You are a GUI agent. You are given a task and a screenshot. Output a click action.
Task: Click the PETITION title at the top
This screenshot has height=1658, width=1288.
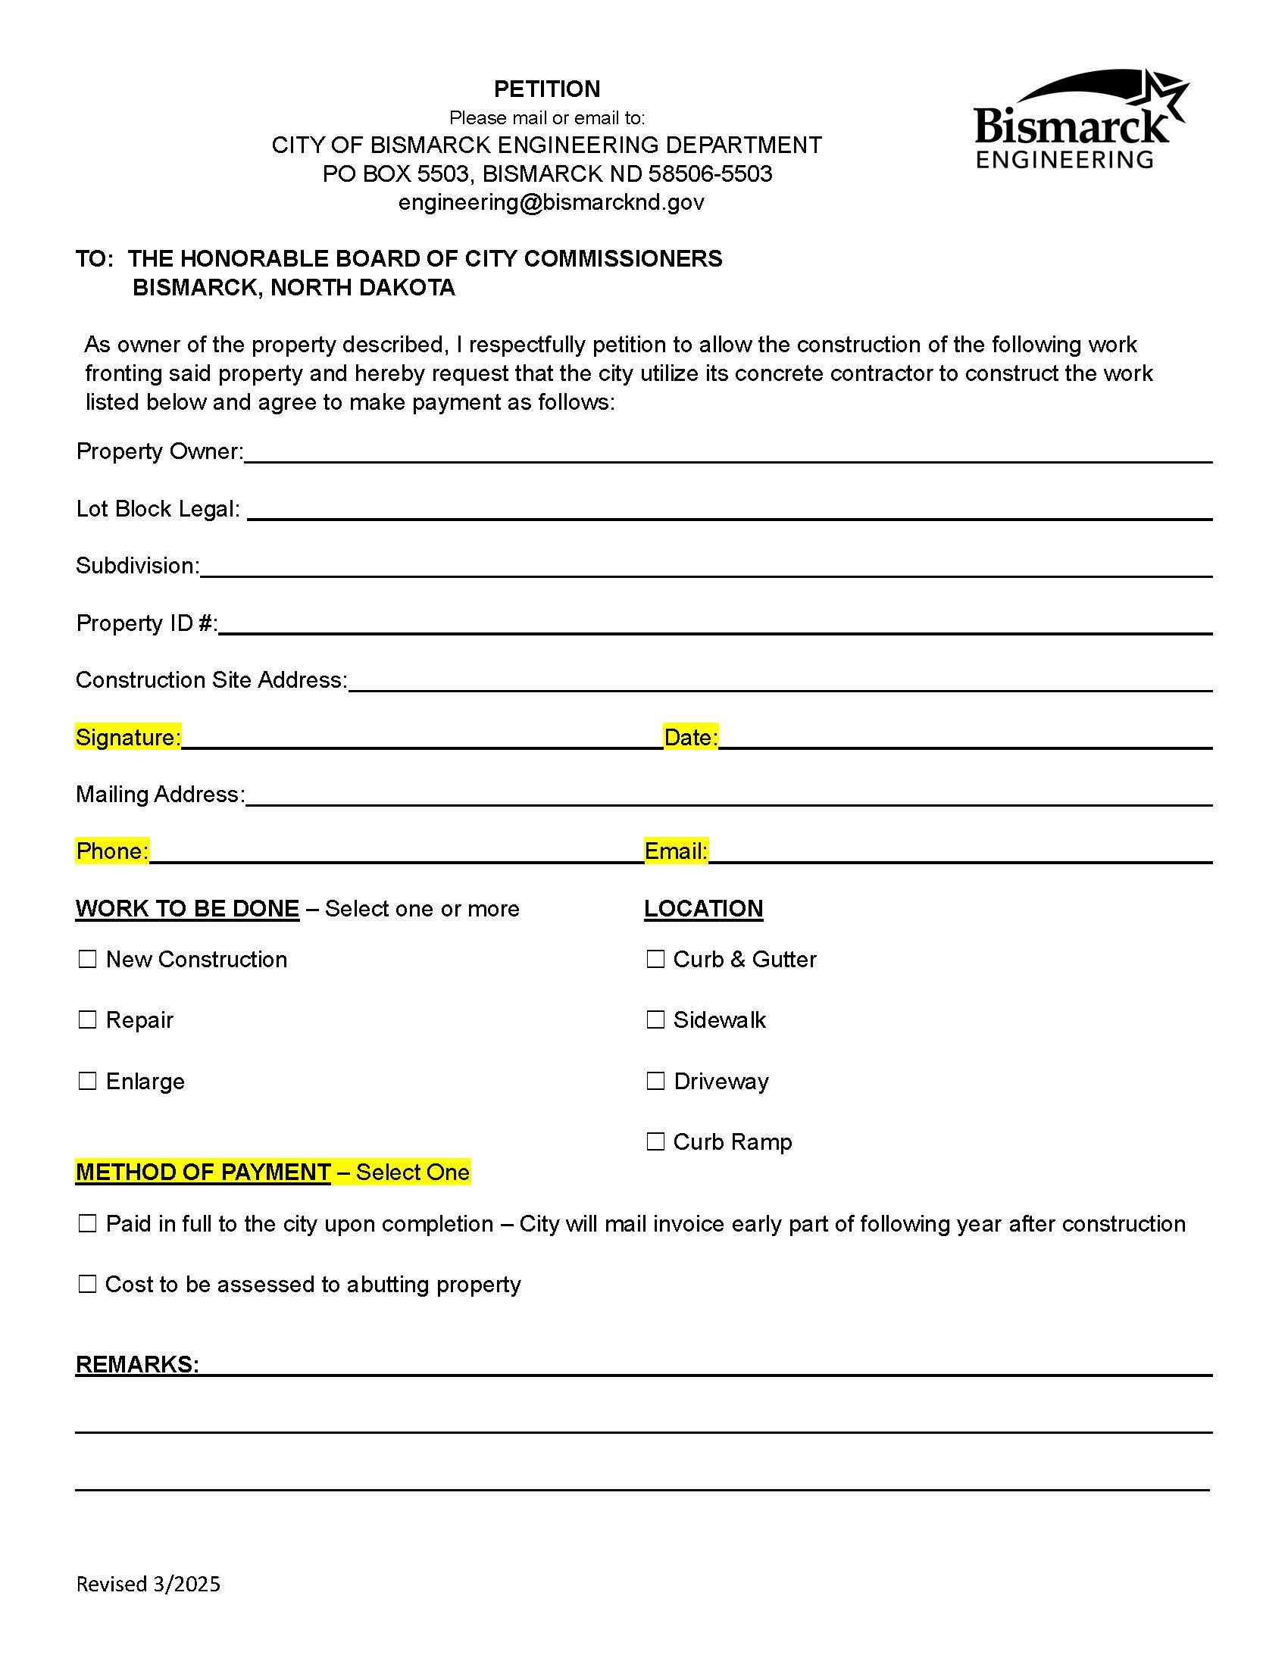click(547, 89)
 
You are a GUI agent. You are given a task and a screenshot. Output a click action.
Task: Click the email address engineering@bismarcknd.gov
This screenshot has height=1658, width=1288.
click(552, 203)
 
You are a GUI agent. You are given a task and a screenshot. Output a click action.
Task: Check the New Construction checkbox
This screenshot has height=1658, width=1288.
click(88, 960)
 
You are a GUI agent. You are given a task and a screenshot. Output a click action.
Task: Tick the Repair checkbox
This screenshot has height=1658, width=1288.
click(88, 1019)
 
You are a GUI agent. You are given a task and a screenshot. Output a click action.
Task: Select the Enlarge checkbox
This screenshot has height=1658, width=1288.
click(88, 1081)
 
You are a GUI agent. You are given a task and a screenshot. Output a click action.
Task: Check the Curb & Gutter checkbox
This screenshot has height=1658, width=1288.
click(655, 960)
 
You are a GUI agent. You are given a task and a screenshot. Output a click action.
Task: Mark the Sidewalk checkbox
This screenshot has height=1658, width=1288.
click(655, 1019)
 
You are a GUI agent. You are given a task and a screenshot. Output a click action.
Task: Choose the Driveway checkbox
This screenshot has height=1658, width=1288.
click(655, 1081)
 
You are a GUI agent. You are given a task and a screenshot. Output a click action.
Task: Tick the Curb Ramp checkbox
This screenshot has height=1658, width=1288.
click(655, 1141)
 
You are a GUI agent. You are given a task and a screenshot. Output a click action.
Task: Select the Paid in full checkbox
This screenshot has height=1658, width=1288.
click(88, 1224)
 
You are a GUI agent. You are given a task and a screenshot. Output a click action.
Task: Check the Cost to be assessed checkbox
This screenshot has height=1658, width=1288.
click(88, 1285)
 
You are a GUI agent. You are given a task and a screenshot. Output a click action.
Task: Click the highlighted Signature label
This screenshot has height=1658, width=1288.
click(128, 737)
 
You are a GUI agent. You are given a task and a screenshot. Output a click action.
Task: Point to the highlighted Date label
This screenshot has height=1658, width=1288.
click(690, 737)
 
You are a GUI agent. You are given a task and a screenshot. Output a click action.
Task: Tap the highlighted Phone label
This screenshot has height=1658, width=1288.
click(112, 851)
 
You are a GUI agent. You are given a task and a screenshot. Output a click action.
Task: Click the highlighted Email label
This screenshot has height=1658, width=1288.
click(676, 851)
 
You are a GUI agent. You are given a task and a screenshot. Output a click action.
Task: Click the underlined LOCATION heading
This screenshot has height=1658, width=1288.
click(703, 909)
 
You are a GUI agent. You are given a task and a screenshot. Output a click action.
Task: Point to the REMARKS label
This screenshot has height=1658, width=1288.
click(137, 1364)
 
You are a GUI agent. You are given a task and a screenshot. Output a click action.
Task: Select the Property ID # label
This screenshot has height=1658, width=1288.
click(146, 623)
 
